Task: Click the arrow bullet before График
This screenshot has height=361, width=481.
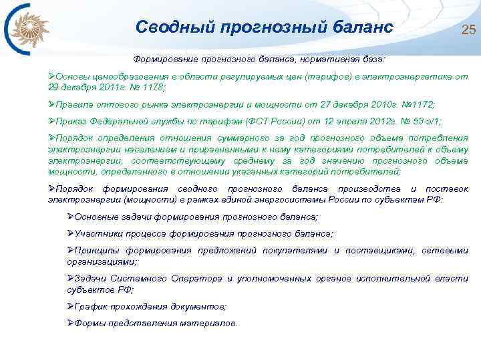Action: click(71, 306)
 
